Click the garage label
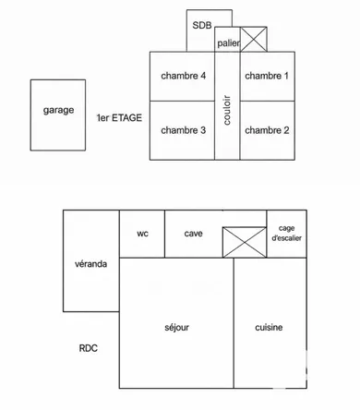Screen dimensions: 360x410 [x=58, y=110]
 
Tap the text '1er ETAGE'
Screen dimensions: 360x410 [x=119, y=117]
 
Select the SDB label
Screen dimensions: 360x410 [x=202, y=25]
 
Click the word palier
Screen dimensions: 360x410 [x=228, y=43]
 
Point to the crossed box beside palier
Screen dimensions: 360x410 [x=254, y=39]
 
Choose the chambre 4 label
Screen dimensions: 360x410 [x=183, y=76]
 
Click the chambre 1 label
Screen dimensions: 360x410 [x=267, y=76]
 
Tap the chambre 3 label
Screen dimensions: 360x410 [x=183, y=130]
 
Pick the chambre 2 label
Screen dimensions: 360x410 [x=267, y=130]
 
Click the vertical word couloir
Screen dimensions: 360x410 [x=227, y=110]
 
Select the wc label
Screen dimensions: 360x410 [x=142, y=234]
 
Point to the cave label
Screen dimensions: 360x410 [x=193, y=234]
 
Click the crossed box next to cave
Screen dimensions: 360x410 [x=245, y=242]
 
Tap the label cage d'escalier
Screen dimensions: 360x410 [x=286, y=233]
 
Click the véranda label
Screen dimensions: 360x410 [x=90, y=264]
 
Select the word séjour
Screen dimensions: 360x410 [x=176, y=328]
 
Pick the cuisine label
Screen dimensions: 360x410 [x=269, y=327]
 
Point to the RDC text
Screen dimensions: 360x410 [x=89, y=348]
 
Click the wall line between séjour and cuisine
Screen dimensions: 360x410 [x=234, y=323]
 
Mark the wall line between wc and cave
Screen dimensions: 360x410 [x=164, y=234]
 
